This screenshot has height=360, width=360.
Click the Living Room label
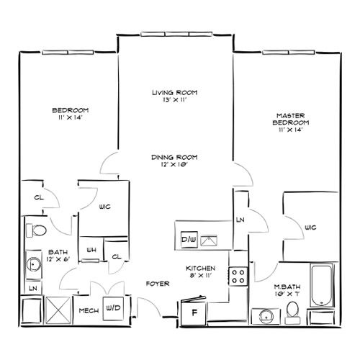pyautogui.click(x=175, y=92)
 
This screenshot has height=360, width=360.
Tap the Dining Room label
pyautogui.click(x=174, y=158)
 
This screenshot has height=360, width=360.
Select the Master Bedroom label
pyautogui.click(x=291, y=119)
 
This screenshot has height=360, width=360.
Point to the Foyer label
pyautogui.click(x=158, y=284)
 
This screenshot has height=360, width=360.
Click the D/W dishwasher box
pyautogui.click(x=189, y=239)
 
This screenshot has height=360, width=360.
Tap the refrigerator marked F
pyautogui.click(x=194, y=311)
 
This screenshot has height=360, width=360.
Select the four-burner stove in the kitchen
pyautogui.click(x=238, y=276)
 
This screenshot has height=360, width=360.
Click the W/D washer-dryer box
pyautogui.click(x=113, y=308)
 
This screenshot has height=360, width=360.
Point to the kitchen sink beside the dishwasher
pyautogui.click(x=209, y=240)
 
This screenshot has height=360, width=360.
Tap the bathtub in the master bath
pyautogui.click(x=322, y=285)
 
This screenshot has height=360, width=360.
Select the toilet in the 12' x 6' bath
pyautogui.click(x=36, y=230)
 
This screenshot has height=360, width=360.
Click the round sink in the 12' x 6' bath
pyautogui.click(x=34, y=264)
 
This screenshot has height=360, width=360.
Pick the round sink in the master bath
pyautogui.click(x=266, y=317)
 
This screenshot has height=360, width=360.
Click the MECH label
pyautogui.click(x=89, y=311)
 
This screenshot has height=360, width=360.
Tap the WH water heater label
pyautogui.click(x=91, y=250)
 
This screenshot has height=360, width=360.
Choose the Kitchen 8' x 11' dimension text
pyautogui.click(x=201, y=276)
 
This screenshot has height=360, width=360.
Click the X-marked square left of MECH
pyautogui.click(x=58, y=310)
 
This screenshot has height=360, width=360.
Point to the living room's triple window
pyautogui.click(x=176, y=34)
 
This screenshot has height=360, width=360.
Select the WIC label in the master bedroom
pyautogui.click(x=310, y=227)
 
